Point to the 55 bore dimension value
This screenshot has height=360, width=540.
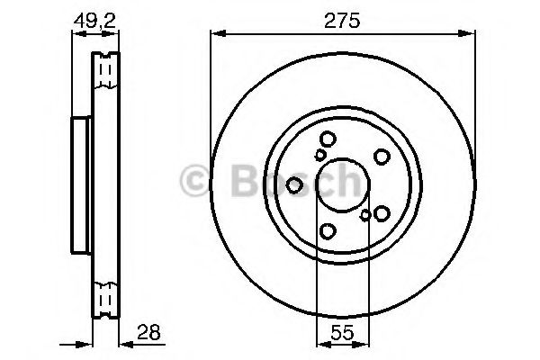tap(340, 332)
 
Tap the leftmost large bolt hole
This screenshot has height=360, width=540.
tap(294, 184)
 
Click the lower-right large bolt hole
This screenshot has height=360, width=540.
tap(382, 213)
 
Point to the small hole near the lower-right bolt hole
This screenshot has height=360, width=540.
tap(364, 215)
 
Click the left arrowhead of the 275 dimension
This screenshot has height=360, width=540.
tap(215, 34)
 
